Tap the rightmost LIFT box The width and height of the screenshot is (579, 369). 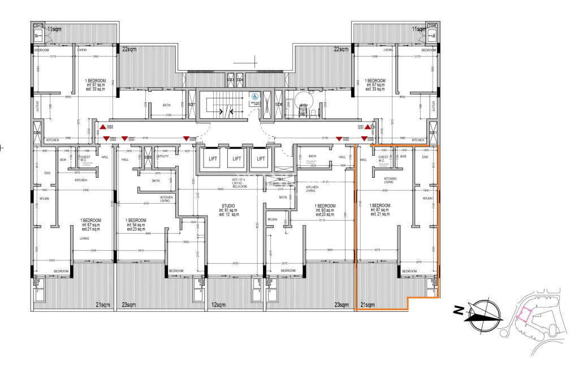point(260,159)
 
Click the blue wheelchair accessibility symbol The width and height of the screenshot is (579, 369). point(254,97)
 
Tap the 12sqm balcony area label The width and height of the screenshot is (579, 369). point(218,305)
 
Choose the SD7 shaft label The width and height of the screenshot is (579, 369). point(191,105)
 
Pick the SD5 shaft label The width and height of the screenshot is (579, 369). point(148,157)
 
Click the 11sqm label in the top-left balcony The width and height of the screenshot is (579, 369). point(54,28)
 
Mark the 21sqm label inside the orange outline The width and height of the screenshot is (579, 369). point(367,305)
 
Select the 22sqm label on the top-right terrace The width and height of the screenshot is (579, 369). point(340,50)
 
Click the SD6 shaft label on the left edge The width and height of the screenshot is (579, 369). point(37,133)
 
